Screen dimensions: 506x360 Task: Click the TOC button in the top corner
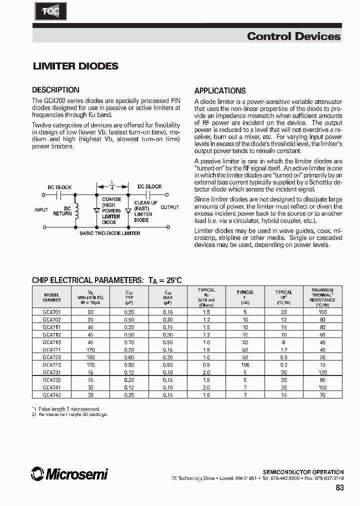click(x=50, y=11)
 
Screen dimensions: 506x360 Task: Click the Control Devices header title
click(x=293, y=36)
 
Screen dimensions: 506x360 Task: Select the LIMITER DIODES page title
click(x=75, y=66)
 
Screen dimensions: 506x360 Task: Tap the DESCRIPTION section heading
click(x=55, y=90)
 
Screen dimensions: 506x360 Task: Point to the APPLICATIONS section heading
click(x=220, y=91)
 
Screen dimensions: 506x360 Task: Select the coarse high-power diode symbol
click(x=96, y=211)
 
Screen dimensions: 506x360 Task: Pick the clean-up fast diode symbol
click(x=128, y=211)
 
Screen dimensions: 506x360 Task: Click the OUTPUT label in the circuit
click(x=169, y=207)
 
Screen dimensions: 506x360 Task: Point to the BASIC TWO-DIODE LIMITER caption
click(x=110, y=233)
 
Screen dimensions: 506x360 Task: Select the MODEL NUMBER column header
click(x=52, y=297)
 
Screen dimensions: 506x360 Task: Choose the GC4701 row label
click(x=52, y=311)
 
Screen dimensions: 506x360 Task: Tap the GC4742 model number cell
click(x=52, y=394)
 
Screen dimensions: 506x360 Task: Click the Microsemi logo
click(x=69, y=474)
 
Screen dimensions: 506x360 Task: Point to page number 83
click(x=338, y=488)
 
